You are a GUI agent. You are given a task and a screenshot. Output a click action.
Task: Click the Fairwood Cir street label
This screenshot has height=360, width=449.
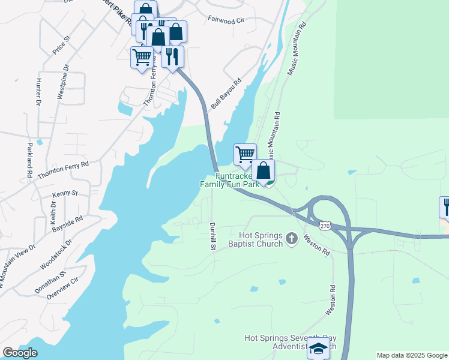(x=226, y=20)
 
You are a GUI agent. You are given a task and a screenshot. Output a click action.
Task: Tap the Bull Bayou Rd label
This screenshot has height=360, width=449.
(x=226, y=93)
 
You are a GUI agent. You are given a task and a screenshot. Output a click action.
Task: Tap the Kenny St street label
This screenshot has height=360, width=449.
(x=65, y=193)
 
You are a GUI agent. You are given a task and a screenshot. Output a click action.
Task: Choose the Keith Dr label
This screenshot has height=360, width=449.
(x=53, y=212)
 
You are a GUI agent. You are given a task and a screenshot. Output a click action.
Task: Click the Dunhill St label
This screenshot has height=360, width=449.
(x=212, y=235)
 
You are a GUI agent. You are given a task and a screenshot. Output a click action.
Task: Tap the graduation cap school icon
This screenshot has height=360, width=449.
(x=318, y=347)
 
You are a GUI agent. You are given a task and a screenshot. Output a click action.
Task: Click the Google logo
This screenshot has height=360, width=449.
(x=20, y=353)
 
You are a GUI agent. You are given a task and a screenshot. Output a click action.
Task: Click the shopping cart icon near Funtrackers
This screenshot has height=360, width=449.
(x=245, y=154)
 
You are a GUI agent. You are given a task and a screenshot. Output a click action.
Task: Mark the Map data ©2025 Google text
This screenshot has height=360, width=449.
(x=412, y=355)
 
